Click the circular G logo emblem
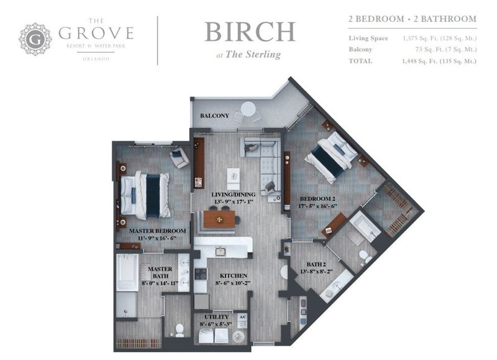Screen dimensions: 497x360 pos(35,39)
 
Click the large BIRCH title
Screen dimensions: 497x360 pos(250,32)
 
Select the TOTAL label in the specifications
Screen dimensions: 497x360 pos(360,61)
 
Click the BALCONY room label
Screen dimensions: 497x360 pos(214,116)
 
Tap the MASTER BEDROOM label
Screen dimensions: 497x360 pos(158,231)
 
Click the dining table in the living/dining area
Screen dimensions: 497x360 pos(219,219)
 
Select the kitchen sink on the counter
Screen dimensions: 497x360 pos(221,252)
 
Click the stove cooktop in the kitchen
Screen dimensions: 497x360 pos(200,274)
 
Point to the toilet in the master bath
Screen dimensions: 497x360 pos(180,330)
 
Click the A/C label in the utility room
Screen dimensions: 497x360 pos(242,317)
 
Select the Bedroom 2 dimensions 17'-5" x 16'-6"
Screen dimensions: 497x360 pos(317,206)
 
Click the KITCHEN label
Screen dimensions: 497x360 pos(234,276)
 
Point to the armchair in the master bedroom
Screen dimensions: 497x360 pos(180,157)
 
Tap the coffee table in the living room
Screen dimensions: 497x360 pos(234,179)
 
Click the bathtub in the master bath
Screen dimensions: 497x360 pos(127,272)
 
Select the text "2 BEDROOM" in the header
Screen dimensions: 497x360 pos(376,19)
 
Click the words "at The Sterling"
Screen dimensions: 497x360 pos(248,55)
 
